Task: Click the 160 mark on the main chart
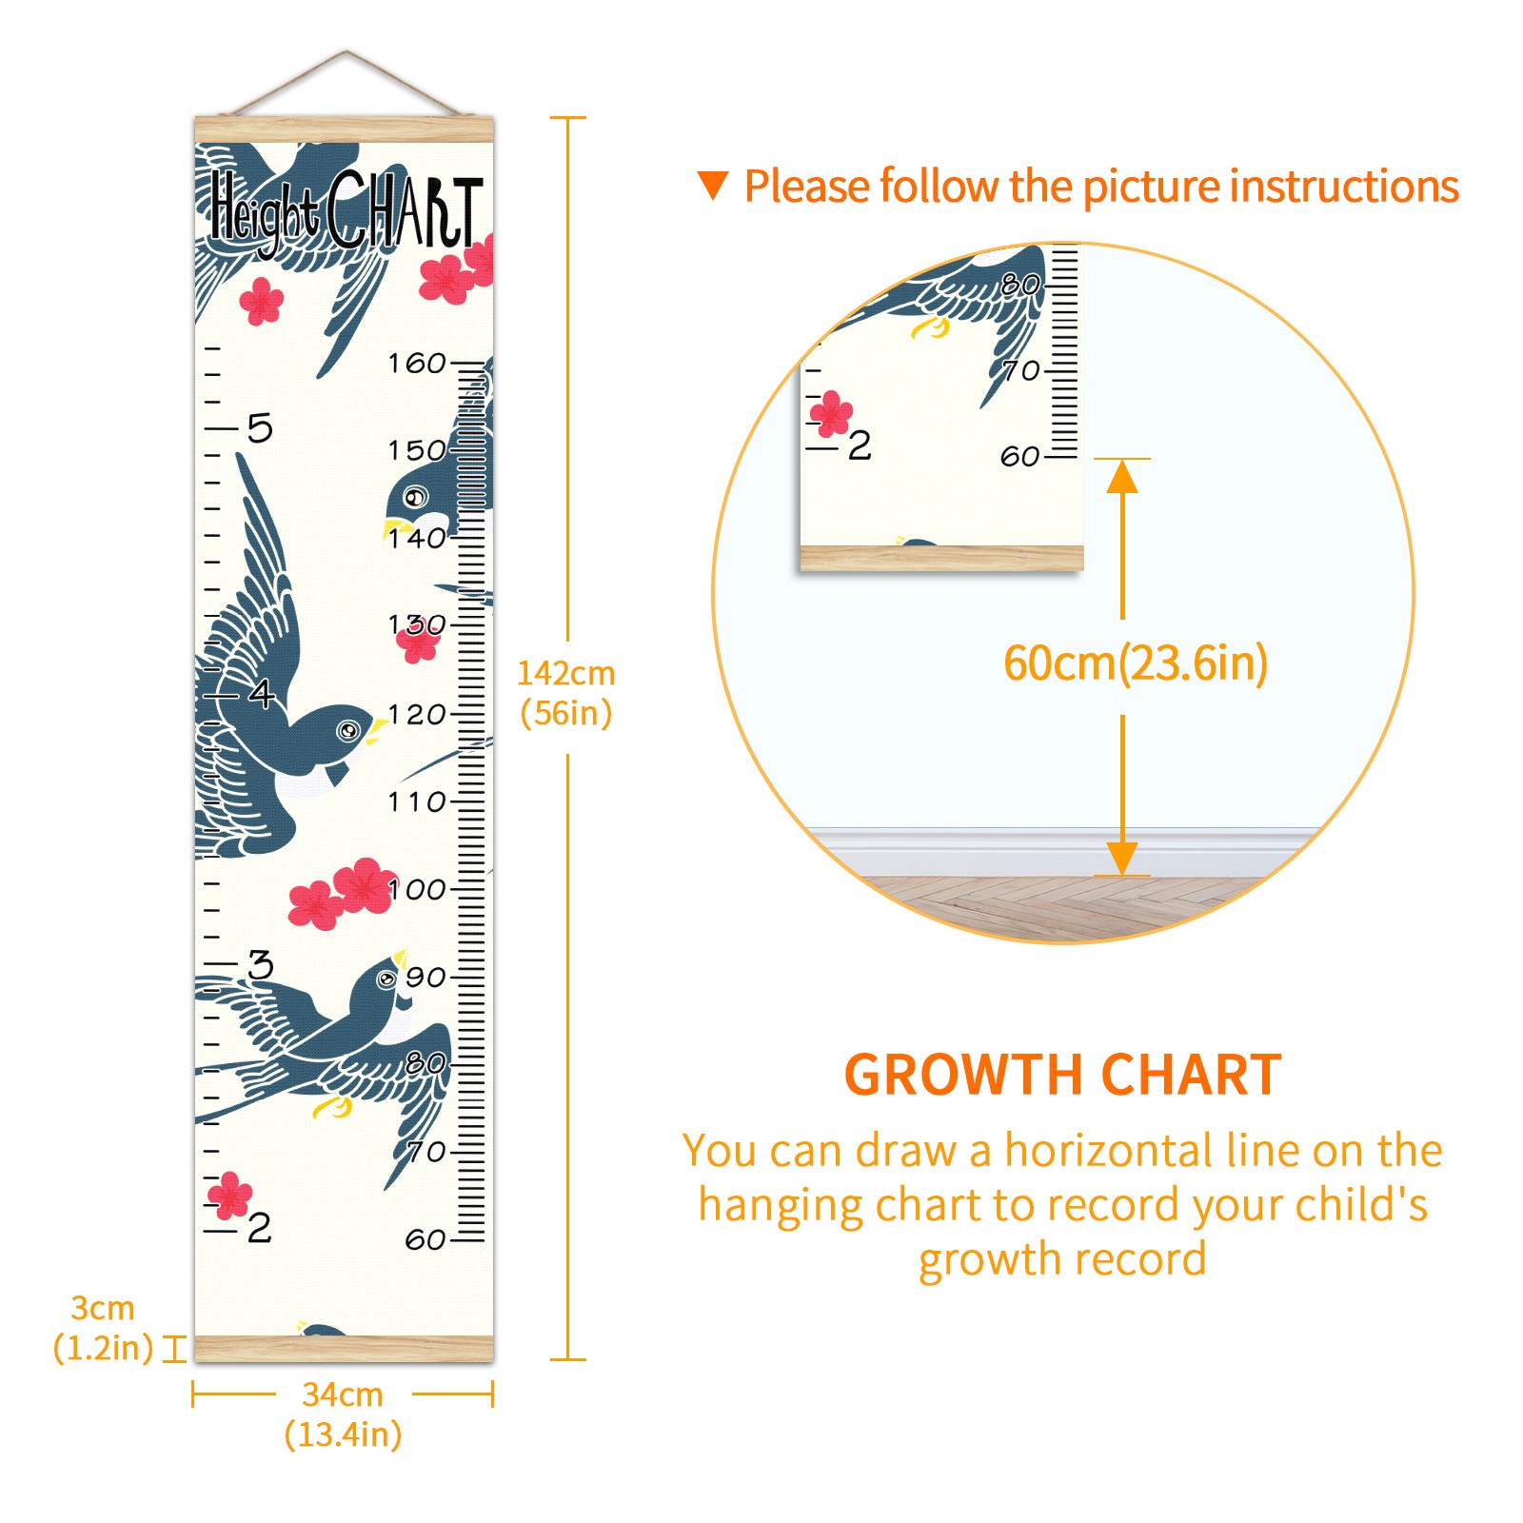point(417,363)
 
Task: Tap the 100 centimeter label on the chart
point(417,889)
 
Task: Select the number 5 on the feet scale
point(260,428)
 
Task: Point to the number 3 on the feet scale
point(260,964)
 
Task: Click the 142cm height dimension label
point(565,674)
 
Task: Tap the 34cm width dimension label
point(343,1394)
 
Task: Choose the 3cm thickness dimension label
point(103,1308)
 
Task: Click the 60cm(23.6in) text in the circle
point(1136,663)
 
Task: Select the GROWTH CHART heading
point(1062,1076)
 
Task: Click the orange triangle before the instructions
point(713,186)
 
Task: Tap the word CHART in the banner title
point(405,209)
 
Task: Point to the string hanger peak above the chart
point(346,51)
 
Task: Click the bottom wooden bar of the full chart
point(344,1348)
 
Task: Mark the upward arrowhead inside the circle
point(1122,476)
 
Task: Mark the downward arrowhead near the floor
point(1122,858)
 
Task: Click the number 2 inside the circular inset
point(860,445)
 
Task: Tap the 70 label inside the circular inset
point(1021,370)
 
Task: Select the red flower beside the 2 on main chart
point(229,1195)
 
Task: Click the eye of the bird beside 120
point(349,730)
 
